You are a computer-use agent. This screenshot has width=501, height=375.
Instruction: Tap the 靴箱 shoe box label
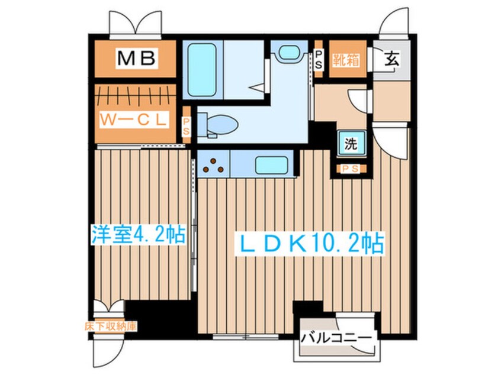click(345, 59)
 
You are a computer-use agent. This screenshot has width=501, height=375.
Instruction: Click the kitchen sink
click(272, 164)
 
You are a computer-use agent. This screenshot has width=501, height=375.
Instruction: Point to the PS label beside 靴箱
click(318, 60)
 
